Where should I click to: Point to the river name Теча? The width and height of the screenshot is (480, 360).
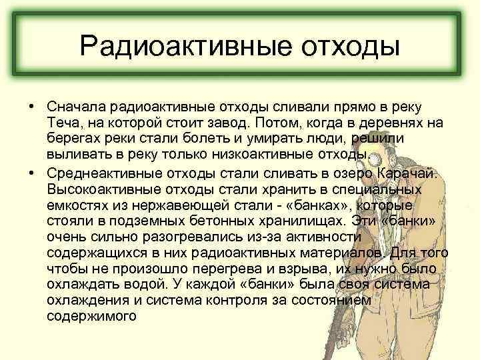coord(63,123)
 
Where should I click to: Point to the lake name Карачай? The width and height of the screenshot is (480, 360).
coord(408,173)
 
